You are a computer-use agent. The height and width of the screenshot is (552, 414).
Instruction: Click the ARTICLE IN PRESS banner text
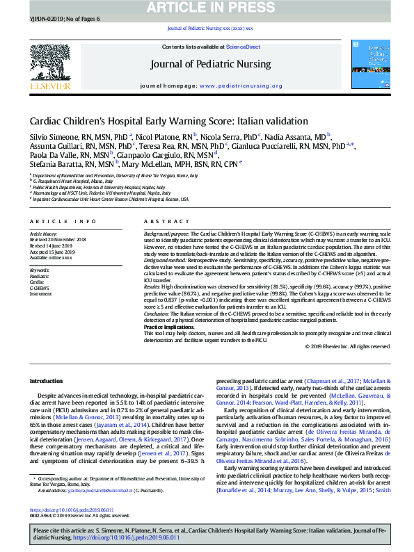(x=207, y=8)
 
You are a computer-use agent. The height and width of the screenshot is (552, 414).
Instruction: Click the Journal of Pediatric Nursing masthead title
(x=211, y=65)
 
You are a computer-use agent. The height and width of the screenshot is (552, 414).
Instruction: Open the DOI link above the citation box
(x=65, y=510)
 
